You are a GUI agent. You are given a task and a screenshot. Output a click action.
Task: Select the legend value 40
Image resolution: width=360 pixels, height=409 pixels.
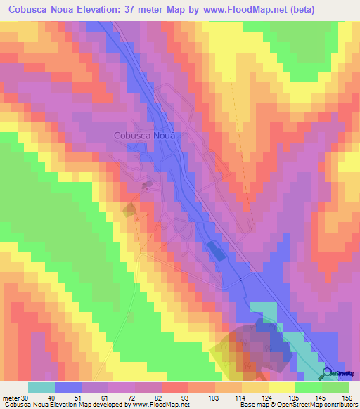[42, 398]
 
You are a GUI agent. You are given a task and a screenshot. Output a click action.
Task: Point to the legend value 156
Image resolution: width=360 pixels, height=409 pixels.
[347, 398]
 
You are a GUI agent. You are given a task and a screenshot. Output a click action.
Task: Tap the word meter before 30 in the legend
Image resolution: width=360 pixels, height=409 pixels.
[11, 398]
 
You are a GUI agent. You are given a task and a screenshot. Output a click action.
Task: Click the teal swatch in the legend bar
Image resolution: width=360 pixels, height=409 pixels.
[41, 387]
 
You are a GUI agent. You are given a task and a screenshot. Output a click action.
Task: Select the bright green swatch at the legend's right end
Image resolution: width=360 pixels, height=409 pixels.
[335, 387]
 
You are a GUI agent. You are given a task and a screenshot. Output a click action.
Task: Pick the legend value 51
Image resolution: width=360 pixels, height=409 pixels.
[68, 398]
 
